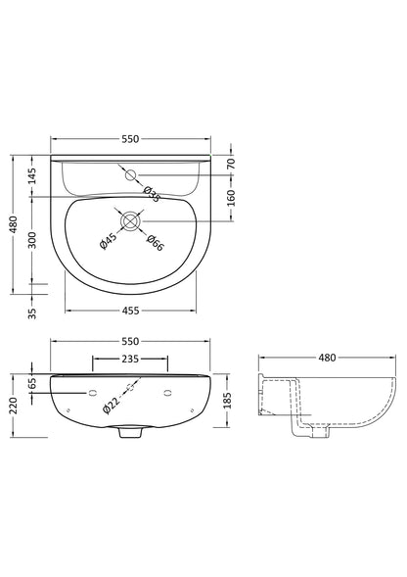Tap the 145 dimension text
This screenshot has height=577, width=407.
point(32,177)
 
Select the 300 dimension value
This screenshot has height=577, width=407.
point(32,238)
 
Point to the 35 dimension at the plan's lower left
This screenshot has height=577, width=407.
point(32,313)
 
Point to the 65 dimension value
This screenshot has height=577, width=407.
point(32,383)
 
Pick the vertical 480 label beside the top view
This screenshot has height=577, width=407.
point(14,224)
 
